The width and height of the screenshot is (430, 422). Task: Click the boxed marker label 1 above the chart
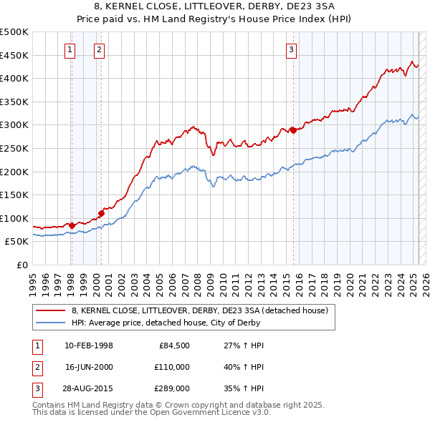pyautogui.click(x=70, y=50)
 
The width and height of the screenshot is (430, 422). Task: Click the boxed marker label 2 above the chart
pyautogui.click(x=98, y=50)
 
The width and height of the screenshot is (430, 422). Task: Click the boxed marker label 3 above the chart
pyautogui.click(x=292, y=50)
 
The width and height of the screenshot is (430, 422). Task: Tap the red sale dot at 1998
pyautogui.click(x=72, y=225)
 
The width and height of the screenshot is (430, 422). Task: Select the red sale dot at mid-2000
pyautogui.click(x=102, y=213)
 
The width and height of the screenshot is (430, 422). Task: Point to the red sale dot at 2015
pyautogui.click(x=293, y=130)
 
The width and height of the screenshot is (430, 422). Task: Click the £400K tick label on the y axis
pyautogui.click(x=14, y=78)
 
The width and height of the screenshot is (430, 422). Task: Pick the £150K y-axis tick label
pyautogui.click(x=14, y=195)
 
